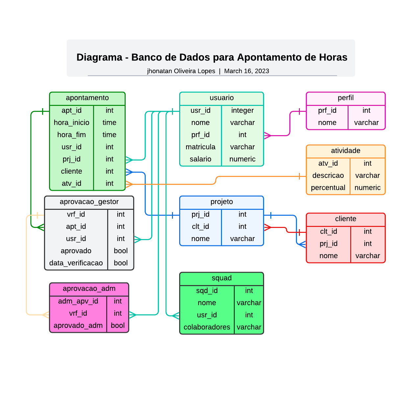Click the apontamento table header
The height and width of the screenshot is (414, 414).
87,98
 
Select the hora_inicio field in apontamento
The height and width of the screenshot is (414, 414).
71,123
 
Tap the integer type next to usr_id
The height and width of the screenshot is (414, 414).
242,110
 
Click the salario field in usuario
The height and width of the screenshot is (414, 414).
200,159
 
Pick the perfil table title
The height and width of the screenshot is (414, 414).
346,98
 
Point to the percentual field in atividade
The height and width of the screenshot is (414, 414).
328,188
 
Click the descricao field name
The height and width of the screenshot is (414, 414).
328,176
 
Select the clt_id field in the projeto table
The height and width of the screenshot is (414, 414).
200,227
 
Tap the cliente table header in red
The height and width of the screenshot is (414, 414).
346,219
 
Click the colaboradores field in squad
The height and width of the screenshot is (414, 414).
207,327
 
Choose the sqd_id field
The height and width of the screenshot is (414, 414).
207,291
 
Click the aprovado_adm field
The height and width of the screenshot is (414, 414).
78,326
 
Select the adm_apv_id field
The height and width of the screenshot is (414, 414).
78,301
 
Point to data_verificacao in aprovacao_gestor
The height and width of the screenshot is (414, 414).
76,263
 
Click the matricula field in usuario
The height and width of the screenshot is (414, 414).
200,147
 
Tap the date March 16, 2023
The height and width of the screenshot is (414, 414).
247,71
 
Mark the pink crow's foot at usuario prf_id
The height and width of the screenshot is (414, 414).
268,135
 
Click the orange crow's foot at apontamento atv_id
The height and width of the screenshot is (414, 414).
129,184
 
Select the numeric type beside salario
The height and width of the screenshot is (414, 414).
242,159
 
